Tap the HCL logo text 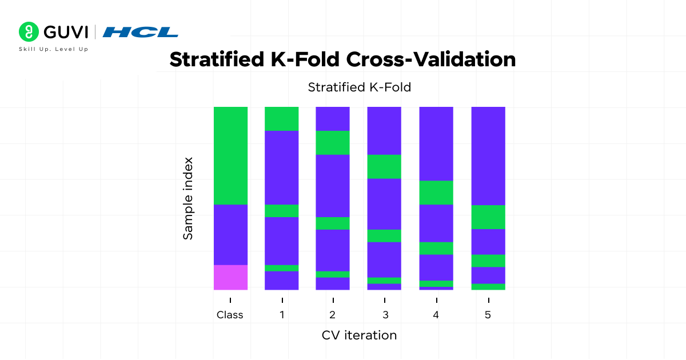[x=140, y=32]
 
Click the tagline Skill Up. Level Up [x=54, y=49]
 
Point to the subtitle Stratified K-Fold [x=359, y=87]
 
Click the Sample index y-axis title [x=188, y=198]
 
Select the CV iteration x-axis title [x=359, y=335]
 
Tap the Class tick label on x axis [x=230, y=315]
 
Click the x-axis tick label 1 [x=282, y=315]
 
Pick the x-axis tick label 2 [x=333, y=315]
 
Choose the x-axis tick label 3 [x=385, y=315]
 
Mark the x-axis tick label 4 [x=436, y=315]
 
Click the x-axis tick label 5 [x=488, y=315]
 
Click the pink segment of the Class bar [x=230, y=277]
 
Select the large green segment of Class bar [x=230, y=155]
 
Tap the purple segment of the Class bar [x=230, y=234]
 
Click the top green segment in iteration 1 [x=281, y=119]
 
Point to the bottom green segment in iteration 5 [x=488, y=287]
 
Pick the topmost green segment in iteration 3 [x=384, y=167]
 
